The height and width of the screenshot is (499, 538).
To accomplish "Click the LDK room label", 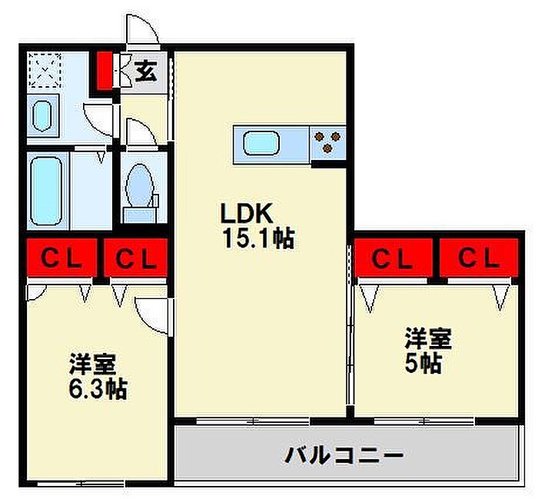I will pos(247,213).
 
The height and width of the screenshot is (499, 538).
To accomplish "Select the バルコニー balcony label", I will pos(344,455).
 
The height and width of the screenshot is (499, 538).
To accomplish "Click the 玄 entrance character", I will pos(146,72).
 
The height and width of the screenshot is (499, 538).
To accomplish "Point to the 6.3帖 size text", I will pos(97,389).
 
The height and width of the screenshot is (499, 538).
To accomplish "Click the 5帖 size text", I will pos(423,363).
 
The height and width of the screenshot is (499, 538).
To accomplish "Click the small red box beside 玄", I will pos(103,69).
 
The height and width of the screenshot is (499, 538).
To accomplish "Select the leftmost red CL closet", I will pos(60,258).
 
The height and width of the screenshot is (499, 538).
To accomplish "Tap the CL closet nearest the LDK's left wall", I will pos(136,258).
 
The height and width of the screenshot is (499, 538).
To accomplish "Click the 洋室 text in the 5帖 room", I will pos(428,338).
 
